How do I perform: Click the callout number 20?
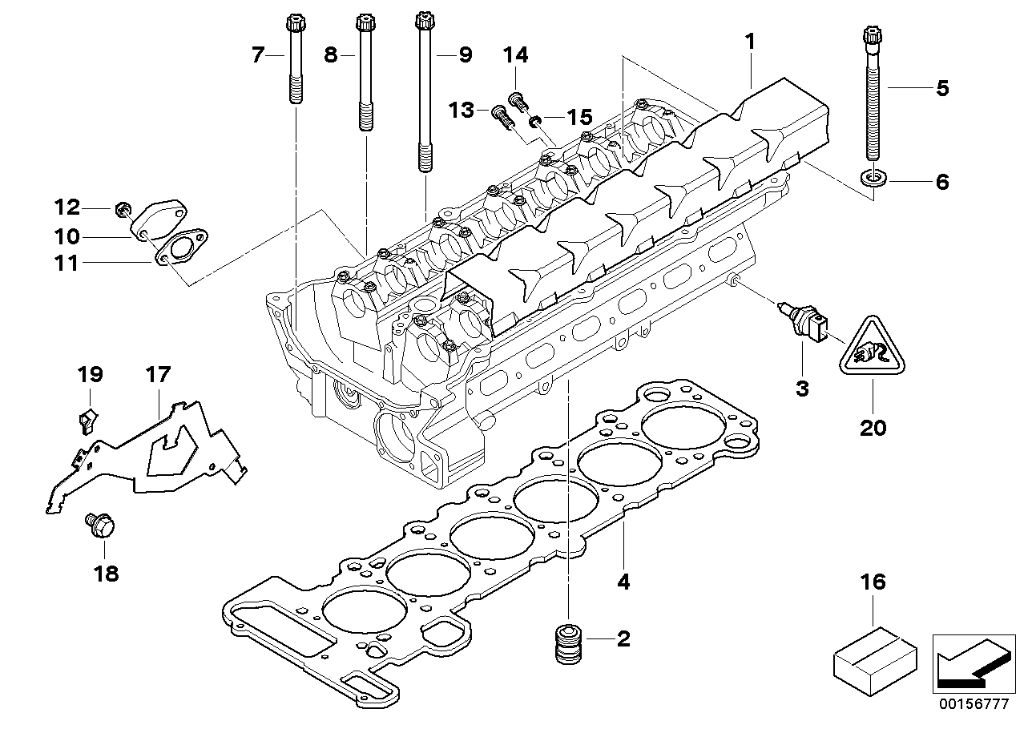point(873,428)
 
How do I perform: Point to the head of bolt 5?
point(873,37)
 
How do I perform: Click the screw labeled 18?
point(100,526)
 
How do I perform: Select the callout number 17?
point(158,373)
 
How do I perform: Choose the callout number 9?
point(465,54)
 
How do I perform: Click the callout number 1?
point(750,41)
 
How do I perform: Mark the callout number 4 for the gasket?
point(623,582)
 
